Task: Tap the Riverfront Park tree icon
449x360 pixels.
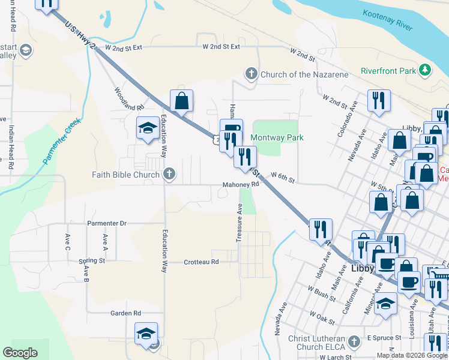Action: click(x=426, y=70)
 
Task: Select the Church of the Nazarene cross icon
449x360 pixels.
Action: click(x=251, y=74)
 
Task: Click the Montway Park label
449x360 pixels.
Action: click(x=277, y=137)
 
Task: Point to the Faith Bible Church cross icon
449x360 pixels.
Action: click(x=169, y=175)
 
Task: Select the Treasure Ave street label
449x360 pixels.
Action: click(x=239, y=223)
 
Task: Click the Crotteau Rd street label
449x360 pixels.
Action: click(x=201, y=262)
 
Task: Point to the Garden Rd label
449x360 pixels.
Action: click(x=125, y=313)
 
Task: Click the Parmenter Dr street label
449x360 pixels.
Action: click(x=107, y=223)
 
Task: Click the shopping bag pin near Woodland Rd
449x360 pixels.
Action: click(x=181, y=102)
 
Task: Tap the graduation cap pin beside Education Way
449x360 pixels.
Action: click(x=148, y=128)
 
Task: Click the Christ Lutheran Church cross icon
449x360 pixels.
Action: click(x=354, y=342)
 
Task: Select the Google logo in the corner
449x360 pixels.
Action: click(x=20, y=353)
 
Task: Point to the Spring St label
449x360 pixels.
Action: click(x=92, y=261)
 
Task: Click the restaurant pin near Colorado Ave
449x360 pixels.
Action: click(x=379, y=100)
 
